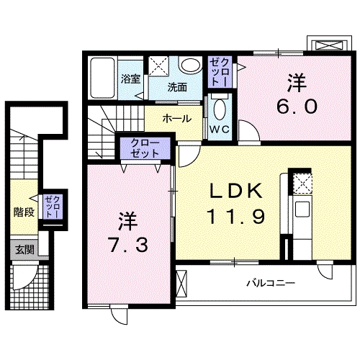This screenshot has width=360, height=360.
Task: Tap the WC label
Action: coord(219,130)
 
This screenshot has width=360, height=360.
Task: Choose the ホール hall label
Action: coord(176,117)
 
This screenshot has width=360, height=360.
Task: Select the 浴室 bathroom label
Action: coord(130,79)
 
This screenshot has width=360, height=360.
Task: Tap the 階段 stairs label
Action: coord(24,212)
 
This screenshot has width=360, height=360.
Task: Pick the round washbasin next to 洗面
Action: coord(191,66)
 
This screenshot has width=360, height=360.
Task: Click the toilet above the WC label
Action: coord(219,109)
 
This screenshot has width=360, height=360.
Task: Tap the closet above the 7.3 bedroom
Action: coord(146,150)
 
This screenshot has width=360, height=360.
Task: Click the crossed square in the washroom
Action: coord(158,66)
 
